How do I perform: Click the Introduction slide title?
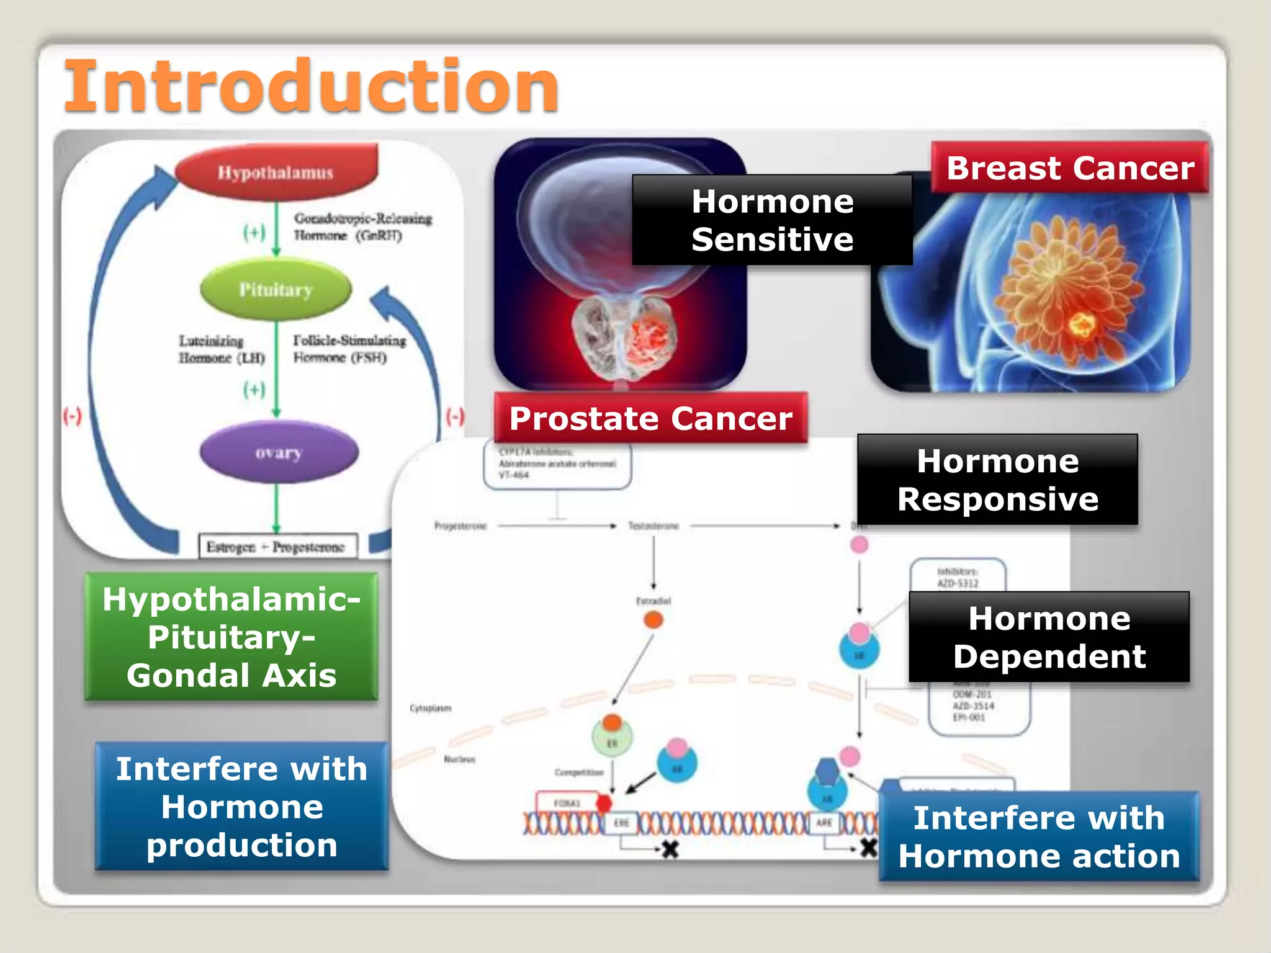coord(312,87)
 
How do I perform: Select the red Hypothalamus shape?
coord(276,172)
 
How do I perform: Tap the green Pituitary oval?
coord(276,290)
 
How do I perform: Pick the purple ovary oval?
coord(279,452)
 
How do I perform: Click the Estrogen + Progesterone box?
coord(277,547)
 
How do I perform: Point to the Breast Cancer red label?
coord(1070,168)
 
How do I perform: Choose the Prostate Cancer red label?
coord(650,418)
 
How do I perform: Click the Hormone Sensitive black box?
coord(772,220)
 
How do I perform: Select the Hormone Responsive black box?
coord(997,480)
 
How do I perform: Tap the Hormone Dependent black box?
coord(1049,637)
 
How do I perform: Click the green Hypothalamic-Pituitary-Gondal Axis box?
coord(231,637)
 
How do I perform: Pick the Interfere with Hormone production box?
coord(242,807)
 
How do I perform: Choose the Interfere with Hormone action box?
coord(1039,836)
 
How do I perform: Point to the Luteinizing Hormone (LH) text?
coord(222,349)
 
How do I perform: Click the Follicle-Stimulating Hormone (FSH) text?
coord(349,349)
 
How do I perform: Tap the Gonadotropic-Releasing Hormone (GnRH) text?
coord(362,226)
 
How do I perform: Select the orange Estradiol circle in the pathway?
coord(653,620)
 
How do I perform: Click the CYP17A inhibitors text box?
coord(557,464)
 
